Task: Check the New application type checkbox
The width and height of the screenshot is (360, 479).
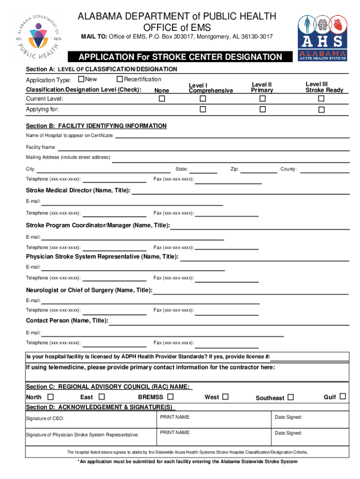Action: tap(81, 80)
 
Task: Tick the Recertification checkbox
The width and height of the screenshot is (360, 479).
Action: tap(120, 80)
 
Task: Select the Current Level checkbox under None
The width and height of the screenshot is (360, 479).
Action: tap(162, 99)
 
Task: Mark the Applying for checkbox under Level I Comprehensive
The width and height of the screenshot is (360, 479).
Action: tap(203, 109)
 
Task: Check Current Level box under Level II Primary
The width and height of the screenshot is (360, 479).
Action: tap(262, 99)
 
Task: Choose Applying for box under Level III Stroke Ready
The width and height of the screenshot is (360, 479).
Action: tap(321, 110)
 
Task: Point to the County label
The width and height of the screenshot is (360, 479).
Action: tap(288, 169)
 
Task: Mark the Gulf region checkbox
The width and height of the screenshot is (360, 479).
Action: tap(342, 397)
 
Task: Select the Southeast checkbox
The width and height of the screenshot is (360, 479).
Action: tap(291, 398)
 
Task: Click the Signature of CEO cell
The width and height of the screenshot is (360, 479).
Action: tap(89, 418)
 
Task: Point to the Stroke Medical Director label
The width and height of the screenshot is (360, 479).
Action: tap(78, 190)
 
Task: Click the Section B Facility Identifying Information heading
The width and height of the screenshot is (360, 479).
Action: tap(96, 126)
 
